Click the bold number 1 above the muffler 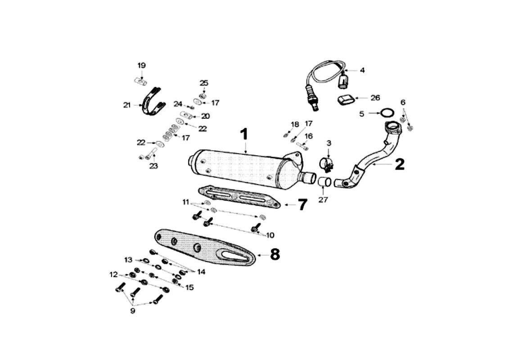point(244,134)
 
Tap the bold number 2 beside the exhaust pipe point(400,164)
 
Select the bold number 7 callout point(302,204)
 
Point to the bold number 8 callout point(275,254)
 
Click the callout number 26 point(375,98)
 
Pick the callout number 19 point(141,65)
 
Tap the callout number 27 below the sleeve point(323,200)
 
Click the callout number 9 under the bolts point(133,311)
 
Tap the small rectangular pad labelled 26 point(346,100)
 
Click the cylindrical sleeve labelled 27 point(324,182)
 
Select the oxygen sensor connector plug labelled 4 point(343,81)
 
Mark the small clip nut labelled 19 point(141,81)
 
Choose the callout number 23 point(153,166)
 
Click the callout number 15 point(189,288)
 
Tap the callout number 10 point(270,235)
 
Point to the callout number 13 point(128,260)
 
